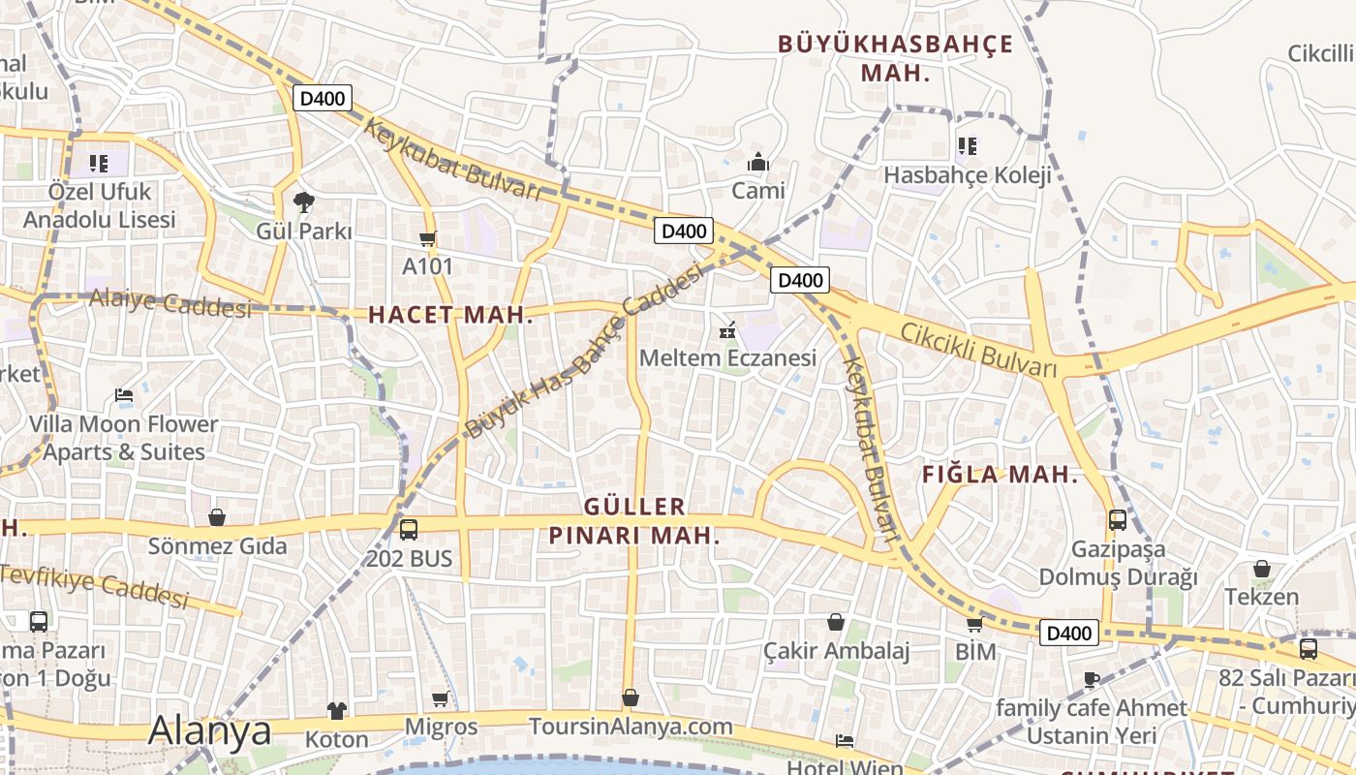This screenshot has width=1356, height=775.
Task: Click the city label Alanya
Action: point(209,731)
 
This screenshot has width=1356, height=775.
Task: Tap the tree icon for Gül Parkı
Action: point(304,202)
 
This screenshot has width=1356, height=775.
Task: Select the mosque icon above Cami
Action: point(758,161)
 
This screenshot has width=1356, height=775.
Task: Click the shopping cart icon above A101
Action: point(427,238)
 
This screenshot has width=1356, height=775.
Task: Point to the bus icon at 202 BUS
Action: point(409,530)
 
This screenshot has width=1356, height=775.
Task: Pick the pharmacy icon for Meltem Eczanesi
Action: point(727,330)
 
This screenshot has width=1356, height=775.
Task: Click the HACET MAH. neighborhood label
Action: point(450,315)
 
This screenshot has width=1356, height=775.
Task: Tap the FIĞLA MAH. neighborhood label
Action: point(1000,475)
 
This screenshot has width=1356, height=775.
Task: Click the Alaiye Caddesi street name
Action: point(170,303)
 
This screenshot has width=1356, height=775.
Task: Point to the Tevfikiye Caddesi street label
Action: point(94,586)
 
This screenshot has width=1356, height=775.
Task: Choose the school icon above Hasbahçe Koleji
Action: point(967,146)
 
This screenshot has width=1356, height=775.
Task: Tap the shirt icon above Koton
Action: point(336,711)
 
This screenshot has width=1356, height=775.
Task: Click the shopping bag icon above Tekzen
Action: point(1261,569)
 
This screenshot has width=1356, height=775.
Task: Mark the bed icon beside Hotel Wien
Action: point(845,741)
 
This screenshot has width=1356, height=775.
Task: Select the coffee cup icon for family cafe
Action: point(1092,679)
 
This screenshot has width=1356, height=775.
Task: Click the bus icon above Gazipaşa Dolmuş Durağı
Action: point(1118,520)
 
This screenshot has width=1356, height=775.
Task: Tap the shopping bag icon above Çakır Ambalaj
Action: point(836,622)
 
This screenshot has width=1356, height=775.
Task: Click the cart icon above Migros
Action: point(441,698)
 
